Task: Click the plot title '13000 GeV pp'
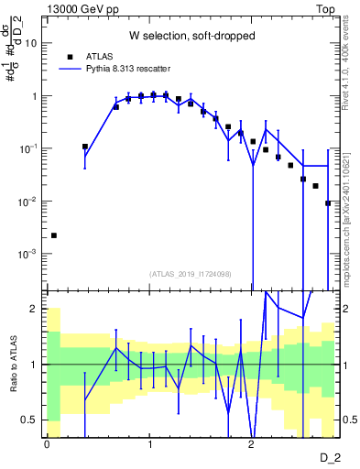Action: click(x=80, y=8)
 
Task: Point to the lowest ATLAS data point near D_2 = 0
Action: click(x=53, y=235)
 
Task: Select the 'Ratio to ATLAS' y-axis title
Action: click(x=12, y=364)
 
